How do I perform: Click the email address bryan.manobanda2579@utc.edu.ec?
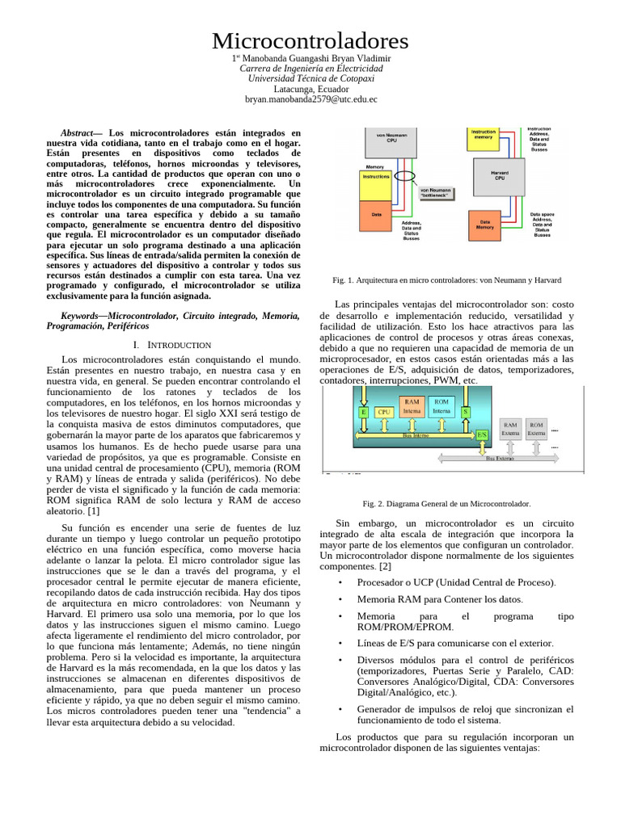(310, 99)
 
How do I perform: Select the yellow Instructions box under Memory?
(375, 176)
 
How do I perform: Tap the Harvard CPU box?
(500, 175)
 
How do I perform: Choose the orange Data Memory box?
(485, 225)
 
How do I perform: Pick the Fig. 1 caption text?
(446, 279)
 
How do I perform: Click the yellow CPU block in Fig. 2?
(384, 412)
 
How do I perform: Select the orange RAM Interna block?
(412, 405)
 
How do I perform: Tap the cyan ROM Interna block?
(441, 405)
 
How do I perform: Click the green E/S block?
(482, 434)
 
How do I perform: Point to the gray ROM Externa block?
(537, 428)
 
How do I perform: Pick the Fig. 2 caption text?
(446, 503)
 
